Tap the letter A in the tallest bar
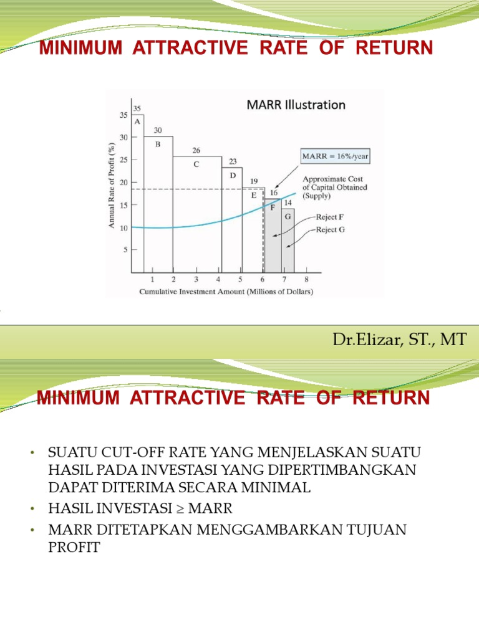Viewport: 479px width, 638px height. (137, 122)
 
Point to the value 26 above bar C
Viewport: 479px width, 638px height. (196, 151)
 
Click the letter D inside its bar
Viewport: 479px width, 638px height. (233, 175)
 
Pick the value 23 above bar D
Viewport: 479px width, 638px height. (233, 161)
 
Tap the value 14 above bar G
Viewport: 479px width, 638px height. (288, 203)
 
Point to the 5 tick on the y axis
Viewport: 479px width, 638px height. (125, 250)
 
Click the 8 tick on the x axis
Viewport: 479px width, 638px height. (306, 280)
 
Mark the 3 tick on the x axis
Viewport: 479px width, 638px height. (196, 280)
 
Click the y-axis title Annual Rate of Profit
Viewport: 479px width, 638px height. (112, 185)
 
